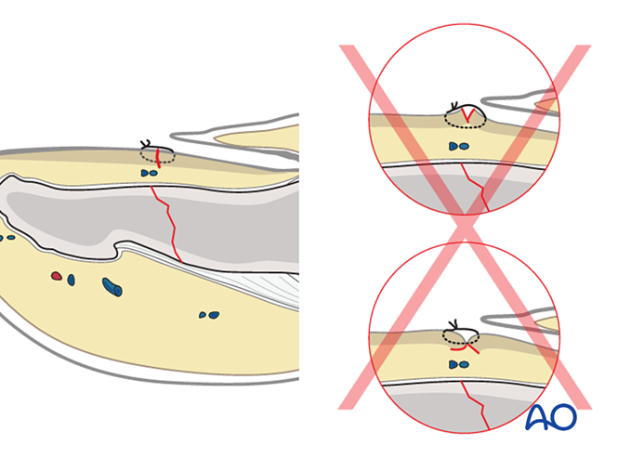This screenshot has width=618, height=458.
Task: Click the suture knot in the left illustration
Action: click(x=145, y=143)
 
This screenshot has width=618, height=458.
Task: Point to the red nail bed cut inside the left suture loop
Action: click(x=158, y=158)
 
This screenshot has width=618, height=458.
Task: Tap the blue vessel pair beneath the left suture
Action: click(x=149, y=173)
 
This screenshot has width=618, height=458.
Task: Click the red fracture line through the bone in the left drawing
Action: click(x=166, y=224)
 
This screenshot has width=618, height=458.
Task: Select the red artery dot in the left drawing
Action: click(x=57, y=276)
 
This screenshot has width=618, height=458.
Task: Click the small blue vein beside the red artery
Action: click(x=71, y=280)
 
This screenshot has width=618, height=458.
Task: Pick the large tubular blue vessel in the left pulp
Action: click(x=112, y=286)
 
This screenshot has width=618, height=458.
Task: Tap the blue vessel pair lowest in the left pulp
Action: click(x=209, y=315)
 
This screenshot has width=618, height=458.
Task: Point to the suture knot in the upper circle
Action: click(x=454, y=107)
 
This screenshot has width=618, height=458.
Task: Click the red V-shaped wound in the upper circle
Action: click(x=467, y=115)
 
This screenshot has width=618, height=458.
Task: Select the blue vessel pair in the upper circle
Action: click(x=459, y=147)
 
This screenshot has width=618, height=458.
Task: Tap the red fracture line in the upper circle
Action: click(x=476, y=188)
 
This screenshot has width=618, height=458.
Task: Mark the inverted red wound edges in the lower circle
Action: click(x=465, y=348)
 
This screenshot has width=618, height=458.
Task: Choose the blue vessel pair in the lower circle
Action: click(x=459, y=364)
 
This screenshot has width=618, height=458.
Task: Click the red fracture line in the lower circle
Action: click(x=476, y=405)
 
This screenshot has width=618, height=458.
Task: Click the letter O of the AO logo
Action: click(x=563, y=416)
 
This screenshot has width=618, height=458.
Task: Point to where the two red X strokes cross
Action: click(x=465, y=228)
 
